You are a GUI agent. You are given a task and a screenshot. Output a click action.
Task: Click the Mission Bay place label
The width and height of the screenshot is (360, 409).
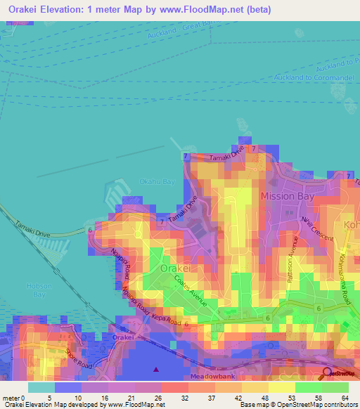[287, 196]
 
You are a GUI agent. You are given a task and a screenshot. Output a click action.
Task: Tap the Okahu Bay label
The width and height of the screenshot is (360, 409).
[156, 181]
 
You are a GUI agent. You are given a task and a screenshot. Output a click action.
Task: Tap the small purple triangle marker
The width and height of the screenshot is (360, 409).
[156, 369]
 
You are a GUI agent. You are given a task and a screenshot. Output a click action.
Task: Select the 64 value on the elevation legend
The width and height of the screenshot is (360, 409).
[345, 397]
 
